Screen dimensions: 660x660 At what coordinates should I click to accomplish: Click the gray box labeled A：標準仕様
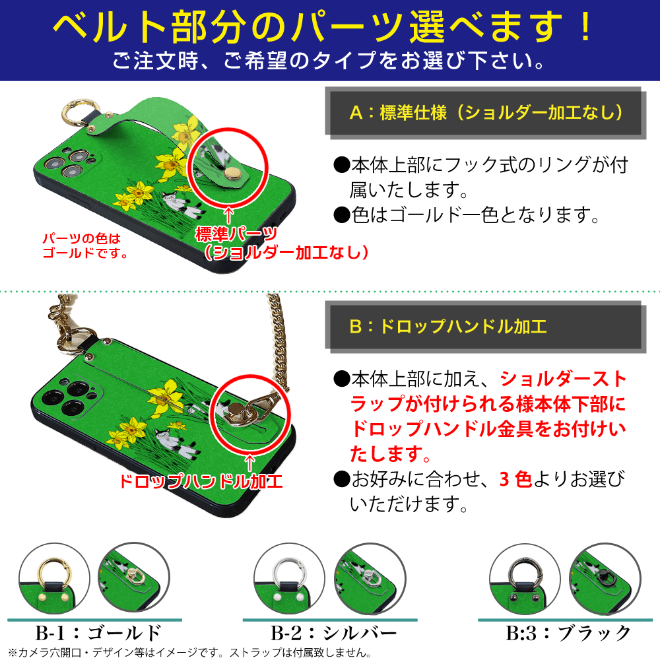[x=486, y=113]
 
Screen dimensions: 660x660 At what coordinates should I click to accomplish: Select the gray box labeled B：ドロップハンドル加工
[x=486, y=327]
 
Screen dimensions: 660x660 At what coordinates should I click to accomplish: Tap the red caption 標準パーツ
[x=236, y=233]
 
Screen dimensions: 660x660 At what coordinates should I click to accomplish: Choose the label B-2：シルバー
[x=334, y=633]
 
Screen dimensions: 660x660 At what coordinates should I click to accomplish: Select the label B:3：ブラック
[x=568, y=633]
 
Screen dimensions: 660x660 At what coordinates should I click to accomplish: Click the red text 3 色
[x=515, y=479]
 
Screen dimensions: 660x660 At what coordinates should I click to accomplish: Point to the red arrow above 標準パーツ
[x=228, y=215]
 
